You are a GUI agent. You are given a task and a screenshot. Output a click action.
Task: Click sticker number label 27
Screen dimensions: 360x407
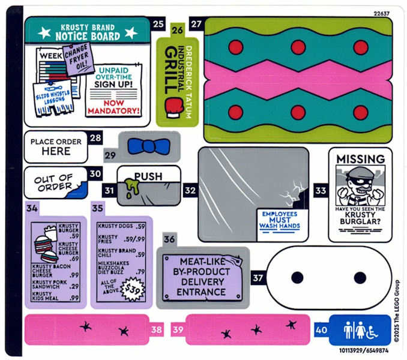coord(196,24)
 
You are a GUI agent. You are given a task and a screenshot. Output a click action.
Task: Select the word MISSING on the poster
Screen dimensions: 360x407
coord(360,159)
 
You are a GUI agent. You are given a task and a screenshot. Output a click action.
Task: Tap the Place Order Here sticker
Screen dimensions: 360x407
coord(56,146)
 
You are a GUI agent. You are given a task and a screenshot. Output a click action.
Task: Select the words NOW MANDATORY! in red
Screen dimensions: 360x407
coord(113,107)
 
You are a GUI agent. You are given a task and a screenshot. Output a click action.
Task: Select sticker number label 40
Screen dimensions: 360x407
coord(321,329)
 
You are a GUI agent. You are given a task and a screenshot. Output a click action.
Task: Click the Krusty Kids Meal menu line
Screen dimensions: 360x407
coord(56,297)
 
